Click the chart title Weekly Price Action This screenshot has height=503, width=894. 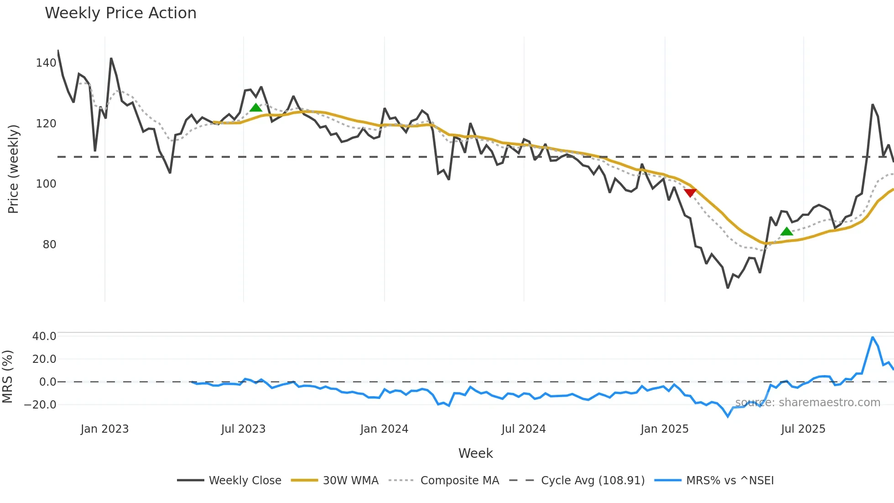tap(120, 13)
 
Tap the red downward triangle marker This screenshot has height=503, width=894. tap(690, 193)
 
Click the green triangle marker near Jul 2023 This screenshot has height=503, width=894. tap(256, 108)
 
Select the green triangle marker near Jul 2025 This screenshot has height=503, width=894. tap(786, 231)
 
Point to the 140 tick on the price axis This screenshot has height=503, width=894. tap(46, 63)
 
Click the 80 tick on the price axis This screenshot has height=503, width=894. tap(49, 245)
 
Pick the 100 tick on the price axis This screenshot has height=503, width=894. tap(46, 184)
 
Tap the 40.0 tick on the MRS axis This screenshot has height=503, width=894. tap(44, 336)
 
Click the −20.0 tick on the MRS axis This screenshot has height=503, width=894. tap(40, 405)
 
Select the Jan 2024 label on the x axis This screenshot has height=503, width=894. tap(384, 429)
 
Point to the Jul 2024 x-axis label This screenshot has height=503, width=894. tap(523, 429)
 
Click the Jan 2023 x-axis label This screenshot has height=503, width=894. tap(104, 429)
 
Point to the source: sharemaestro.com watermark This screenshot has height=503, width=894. tap(807, 403)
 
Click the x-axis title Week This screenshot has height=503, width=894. tap(475, 453)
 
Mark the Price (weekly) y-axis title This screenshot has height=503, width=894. tap(13, 169)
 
